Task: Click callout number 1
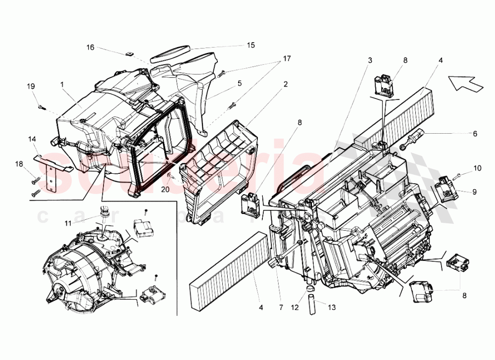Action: [63, 85]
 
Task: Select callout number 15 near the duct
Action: [250, 45]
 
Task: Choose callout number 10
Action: [477, 168]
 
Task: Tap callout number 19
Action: [31, 86]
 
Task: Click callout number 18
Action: [19, 164]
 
